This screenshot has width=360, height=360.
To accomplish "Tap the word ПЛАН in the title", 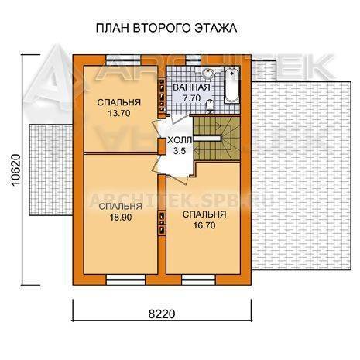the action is pyautogui.click(x=112, y=28).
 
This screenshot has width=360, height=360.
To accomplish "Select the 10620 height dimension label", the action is pyautogui.click(x=15, y=170).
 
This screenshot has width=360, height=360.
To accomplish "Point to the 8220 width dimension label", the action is pyautogui.click(x=162, y=314).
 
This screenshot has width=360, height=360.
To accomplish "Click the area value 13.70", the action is pyautogui.click(x=119, y=113).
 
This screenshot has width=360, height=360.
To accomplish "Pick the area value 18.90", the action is pyautogui.click(x=121, y=218).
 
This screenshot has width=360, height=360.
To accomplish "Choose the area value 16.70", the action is pyautogui.click(x=204, y=225).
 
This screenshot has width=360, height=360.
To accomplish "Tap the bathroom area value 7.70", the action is pyautogui.click(x=191, y=98).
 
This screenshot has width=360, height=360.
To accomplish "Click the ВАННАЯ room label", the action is pyautogui.click(x=191, y=87).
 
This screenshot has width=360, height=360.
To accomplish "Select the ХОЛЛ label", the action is pyautogui.click(x=180, y=140).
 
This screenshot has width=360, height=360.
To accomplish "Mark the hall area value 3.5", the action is pyautogui.click(x=180, y=151).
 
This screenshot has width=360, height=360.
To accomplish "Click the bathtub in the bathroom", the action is pyautogui.click(x=231, y=85).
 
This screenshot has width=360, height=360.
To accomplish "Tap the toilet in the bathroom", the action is pyautogui.click(x=210, y=106).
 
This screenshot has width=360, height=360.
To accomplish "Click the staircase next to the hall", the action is pyautogui.click(x=216, y=139).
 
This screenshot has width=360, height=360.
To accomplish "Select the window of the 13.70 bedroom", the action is pyautogui.click(x=124, y=60).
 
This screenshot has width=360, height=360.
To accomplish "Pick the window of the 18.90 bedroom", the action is pyautogui.click(x=126, y=280).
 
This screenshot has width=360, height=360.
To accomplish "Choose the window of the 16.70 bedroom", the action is pyautogui.click(x=199, y=280).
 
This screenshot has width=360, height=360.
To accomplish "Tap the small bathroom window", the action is pyautogui.click(x=194, y=60).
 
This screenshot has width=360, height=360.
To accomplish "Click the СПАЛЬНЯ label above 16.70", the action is pyautogui.click(x=204, y=214).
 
